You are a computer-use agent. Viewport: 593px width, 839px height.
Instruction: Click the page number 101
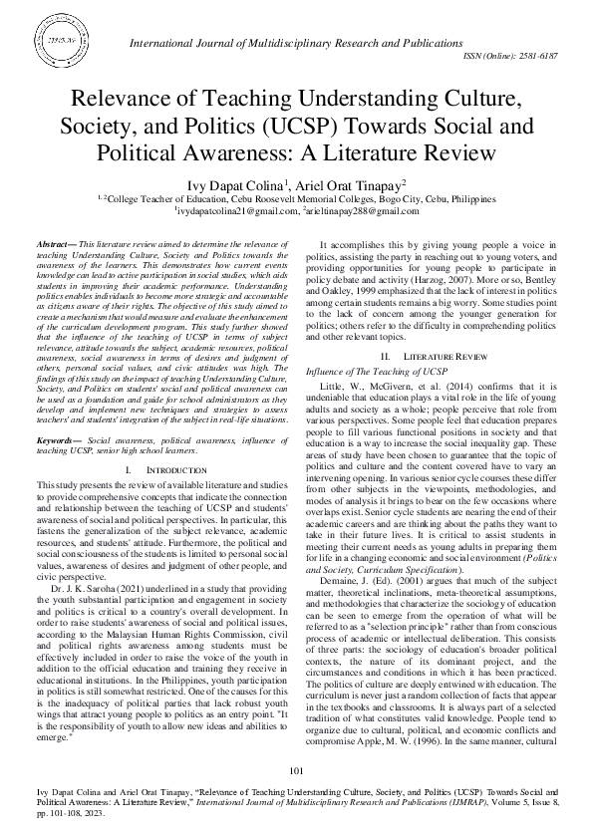pyautogui.click(x=296, y=772)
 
